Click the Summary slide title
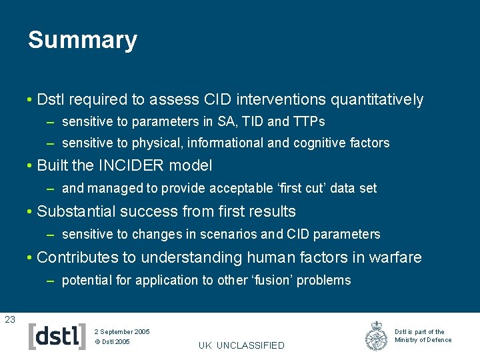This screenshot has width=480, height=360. [x=82, y=40]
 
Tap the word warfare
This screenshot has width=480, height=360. [x=397, y=257]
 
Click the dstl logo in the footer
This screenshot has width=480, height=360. [x=57, y=337]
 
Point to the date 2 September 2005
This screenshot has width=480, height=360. [x=122, y=331]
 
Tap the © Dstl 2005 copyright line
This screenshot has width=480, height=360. [x=113, y=342]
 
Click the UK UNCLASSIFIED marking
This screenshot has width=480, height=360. [x=241, y=345]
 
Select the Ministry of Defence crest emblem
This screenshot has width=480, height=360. [x=377, y=337]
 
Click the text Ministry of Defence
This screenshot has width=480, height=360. [x=423, y=340]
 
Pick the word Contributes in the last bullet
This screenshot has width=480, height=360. [x=79, y=257]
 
